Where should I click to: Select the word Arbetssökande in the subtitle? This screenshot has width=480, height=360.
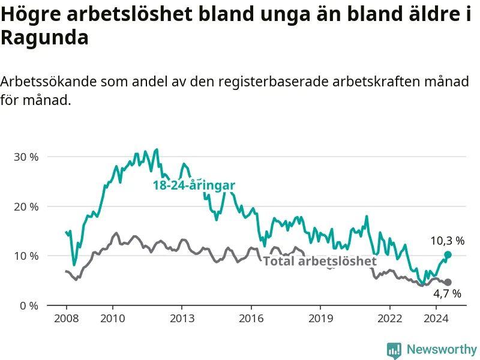pyautogui.click(x=49, y=82)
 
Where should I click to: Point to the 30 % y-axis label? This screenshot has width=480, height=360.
pyautogui.click(x=26, y=157)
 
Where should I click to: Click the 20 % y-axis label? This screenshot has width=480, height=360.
pyautogui.click(x=26, y=207)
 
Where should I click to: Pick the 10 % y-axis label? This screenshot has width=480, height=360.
pyautogui.click(x=26, y=256)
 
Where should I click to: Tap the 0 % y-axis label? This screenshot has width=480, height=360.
pyautogui.click(x=29, y=306)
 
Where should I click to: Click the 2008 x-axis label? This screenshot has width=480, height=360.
pyautogui.click(x=67, y=319)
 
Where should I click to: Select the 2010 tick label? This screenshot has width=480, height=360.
pyautogui.click(x=113, y=319)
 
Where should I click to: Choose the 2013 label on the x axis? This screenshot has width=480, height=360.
pyautogui.click(x=182, y=319)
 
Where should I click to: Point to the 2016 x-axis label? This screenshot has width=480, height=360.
pyautogui.click(x=251, y=319)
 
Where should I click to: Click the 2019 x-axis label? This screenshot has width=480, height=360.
pyautogui.click(x=320, y=319)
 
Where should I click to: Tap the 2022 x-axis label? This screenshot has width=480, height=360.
pyautogui.click(x=389, y=319)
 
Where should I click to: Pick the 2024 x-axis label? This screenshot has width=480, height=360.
pyautogui.click(x=436, y=319)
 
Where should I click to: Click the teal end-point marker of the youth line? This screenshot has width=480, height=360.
pyautogui.click(x=448, y=254)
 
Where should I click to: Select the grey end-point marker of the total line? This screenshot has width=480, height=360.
pyautogui.click(x=448, y=282)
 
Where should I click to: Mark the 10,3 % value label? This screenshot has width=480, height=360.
pyautogui.click(x=448, y=241)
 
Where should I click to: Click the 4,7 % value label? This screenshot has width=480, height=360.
pyautogui.click(x=447, y=294)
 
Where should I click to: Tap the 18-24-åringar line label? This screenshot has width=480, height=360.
pyautogui.click(x=194, y=185)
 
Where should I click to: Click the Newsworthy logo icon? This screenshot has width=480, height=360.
pyautogui.click(x=394, y=350)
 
